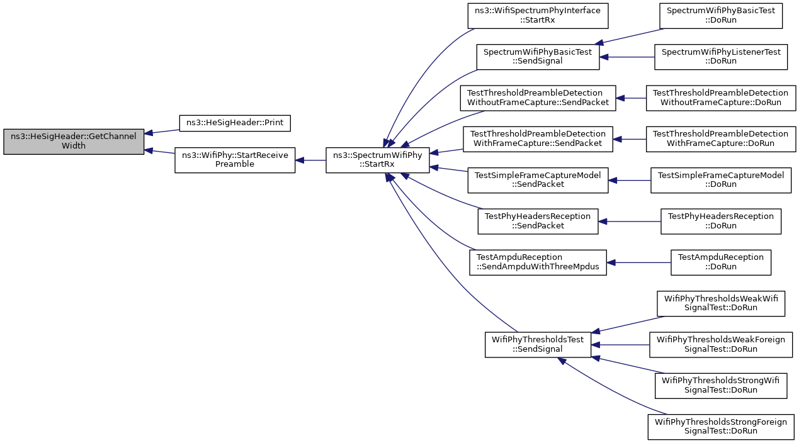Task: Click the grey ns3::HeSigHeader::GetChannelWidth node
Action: click(x=74, y=142)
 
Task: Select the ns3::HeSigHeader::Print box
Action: click(x=235, y=123)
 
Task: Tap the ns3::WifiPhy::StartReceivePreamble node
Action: click(x=235, y=160)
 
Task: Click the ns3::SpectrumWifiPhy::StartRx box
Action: click(x=377, y=160)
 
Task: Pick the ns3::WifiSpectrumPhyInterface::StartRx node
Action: click(x=538, y=16)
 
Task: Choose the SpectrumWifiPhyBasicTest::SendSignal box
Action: click(x=538, y=57)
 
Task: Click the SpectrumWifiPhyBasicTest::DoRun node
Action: click(x=720, y=16)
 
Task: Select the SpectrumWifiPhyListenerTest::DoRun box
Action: click(x=720, y=57)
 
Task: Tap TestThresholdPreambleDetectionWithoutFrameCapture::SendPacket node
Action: click(x=538, y=98)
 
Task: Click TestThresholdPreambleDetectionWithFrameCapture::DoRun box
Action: click(x=720, y=139)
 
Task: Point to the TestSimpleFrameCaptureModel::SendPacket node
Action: click(x=538, y=181)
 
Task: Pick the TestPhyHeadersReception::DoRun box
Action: click(x=720, y=221)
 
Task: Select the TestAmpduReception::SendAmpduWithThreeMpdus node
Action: click(x=538, y=262)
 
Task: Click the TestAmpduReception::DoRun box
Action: click(x=720, y=262)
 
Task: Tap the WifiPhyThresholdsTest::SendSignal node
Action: click(x=538, y=345)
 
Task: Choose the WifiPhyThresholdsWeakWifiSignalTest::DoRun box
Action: click(x=720, y=303)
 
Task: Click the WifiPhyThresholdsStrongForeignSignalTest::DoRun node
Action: click(x=720, y=427)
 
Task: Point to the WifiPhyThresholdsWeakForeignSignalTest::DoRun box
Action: click(x=720, y=345)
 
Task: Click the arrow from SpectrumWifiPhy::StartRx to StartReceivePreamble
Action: click(x=310, y=160)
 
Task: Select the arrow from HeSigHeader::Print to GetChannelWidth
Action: click(x=162, y=132)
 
